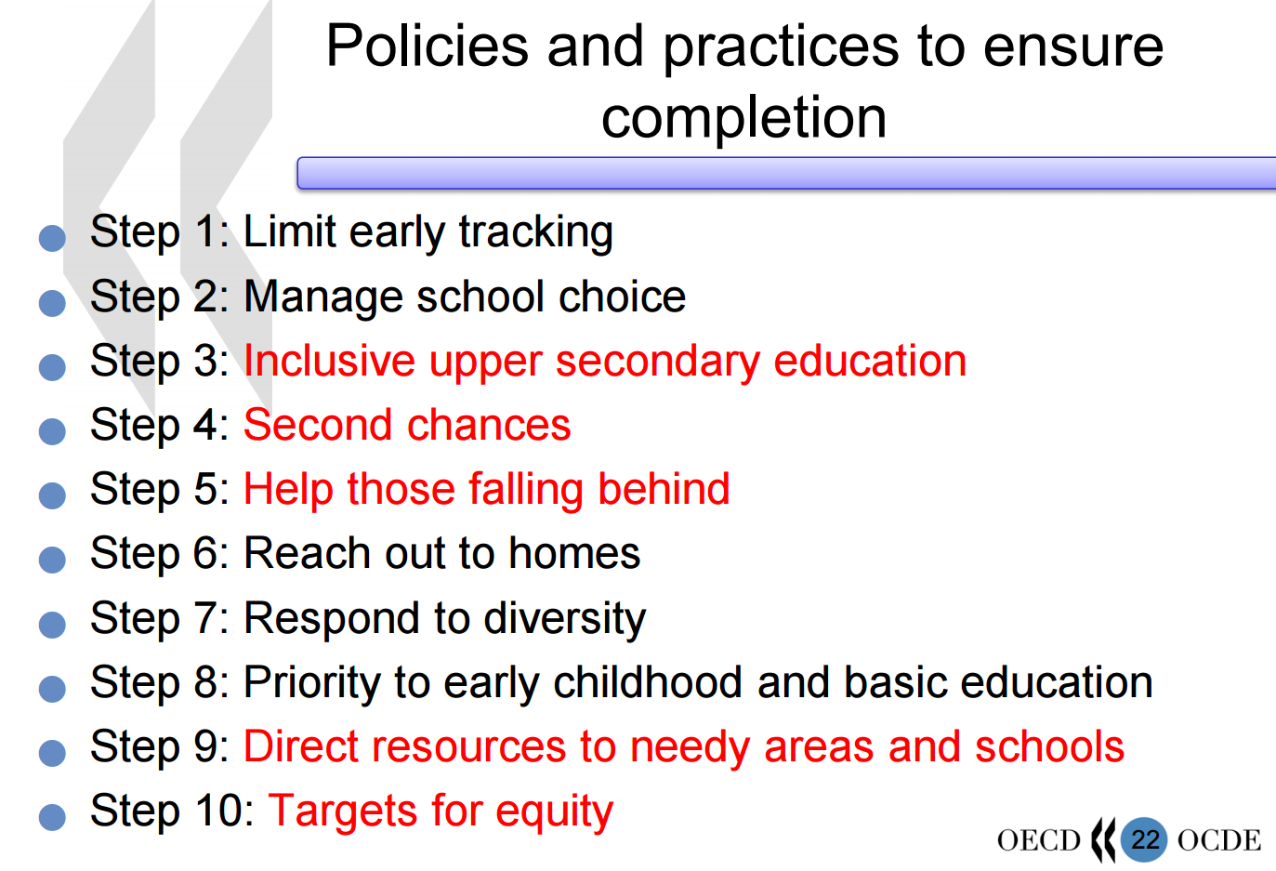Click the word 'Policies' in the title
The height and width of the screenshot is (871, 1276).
tap(428, 46)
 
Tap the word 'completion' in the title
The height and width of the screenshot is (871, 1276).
tap(744, 118)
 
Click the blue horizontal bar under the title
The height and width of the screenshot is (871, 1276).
tap(786, 173)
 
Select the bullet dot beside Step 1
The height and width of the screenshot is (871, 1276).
tap(52, 238)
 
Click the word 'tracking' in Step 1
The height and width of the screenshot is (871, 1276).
tap(536, 232)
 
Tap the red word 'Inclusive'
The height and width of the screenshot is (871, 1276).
tap(329, 361)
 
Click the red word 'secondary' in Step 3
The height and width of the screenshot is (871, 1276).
tap(657, 363)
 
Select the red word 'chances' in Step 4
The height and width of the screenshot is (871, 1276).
tap(489, 425)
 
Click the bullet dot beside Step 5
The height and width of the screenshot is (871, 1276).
tap(52, 495)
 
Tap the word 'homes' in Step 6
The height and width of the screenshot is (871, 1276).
tap(574, 553)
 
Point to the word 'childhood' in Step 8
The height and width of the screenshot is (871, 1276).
tap(647, 682)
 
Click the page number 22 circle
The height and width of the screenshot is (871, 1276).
tap(1144, 839)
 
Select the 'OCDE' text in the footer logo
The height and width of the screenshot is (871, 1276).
tap(1219, 840)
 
